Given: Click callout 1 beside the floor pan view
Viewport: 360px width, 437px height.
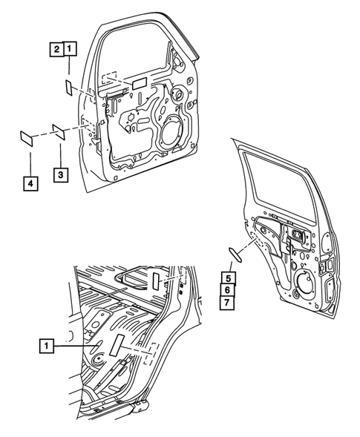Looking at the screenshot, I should (x=47, y=345).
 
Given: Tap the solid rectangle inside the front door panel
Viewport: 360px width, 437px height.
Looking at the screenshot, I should (x=140, y=86).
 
